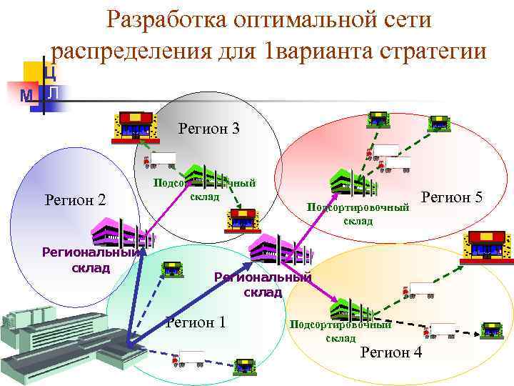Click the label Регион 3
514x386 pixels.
point(208,129)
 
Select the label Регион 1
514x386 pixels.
point(196,322)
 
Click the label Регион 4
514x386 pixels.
point(391,352)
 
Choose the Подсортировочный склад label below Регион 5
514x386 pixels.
point(358,214)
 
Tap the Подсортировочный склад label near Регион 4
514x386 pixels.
point(341,331)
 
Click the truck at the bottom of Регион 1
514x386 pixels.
point(191,357)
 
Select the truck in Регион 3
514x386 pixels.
point(162,159)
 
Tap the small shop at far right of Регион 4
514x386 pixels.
point(492,330)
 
